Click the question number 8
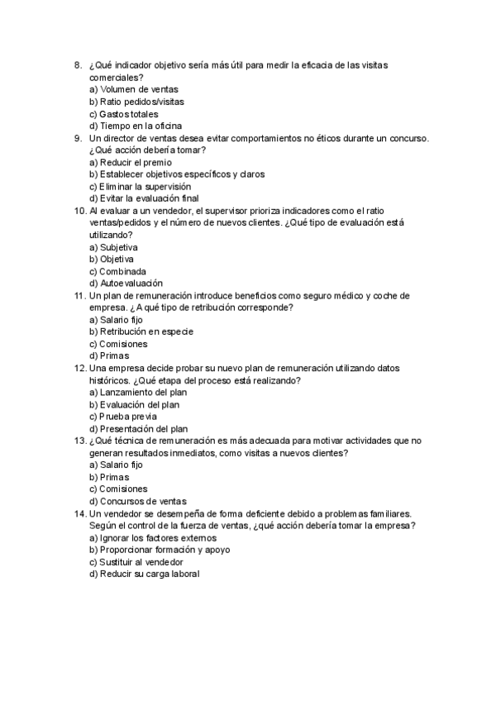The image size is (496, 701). pos(77,65)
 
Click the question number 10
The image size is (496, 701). pos(79,211)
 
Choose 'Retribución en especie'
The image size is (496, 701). pos(141,331)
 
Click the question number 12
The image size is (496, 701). pos(79,368)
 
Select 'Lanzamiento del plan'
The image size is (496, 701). pos(137,392)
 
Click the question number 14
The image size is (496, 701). pos(79,513)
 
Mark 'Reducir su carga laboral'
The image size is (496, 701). pos(145,574)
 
